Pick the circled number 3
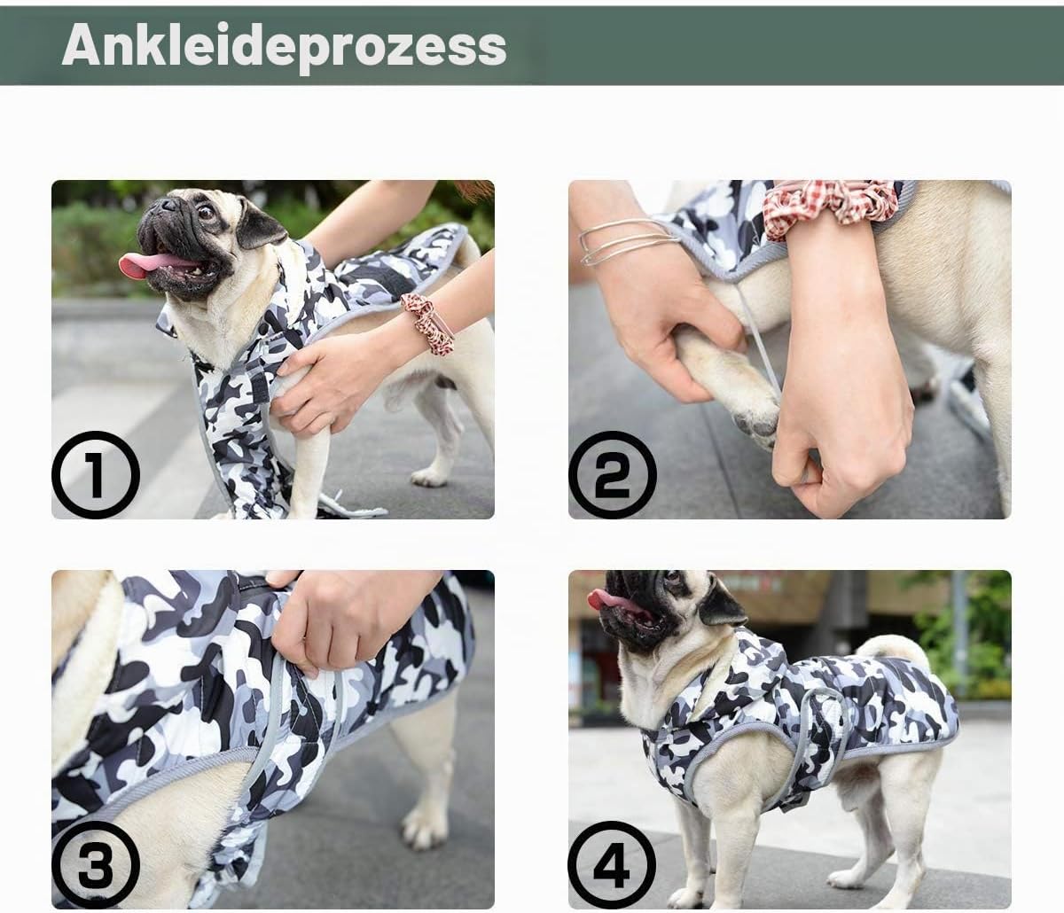tap(96, 864)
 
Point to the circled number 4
tap(613, 864)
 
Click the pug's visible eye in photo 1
tap(205, 213)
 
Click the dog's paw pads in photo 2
tap(755, 422)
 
